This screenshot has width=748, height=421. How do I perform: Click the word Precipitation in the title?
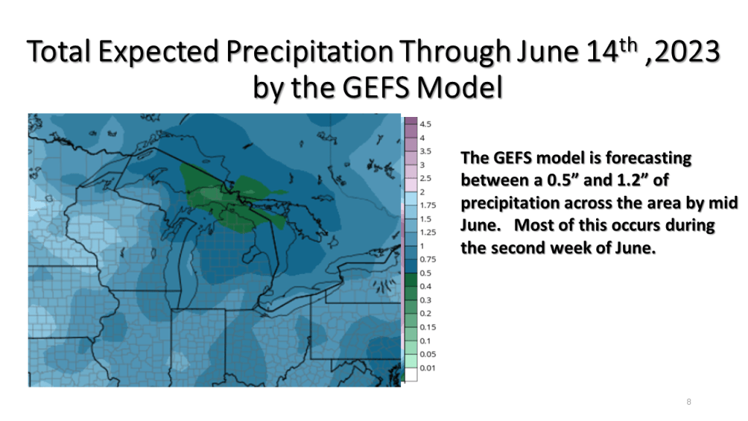tap(310, 52)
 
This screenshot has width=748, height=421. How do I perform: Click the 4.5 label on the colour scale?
tap(425, 124)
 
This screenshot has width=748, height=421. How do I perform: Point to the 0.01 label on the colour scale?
tap(427, 368)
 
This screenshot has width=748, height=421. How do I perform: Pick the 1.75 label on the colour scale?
tap(428, 205)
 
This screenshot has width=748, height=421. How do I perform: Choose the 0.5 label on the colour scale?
tap(425, 273)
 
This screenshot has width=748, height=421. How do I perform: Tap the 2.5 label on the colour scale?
tap(425, 178)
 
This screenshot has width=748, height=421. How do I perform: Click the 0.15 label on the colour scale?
tap(428, 327)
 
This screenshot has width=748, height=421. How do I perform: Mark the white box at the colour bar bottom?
tap(411, 375)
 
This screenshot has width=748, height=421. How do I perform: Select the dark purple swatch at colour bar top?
tap(411, 121)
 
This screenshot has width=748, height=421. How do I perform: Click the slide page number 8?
tap(689, 402)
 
